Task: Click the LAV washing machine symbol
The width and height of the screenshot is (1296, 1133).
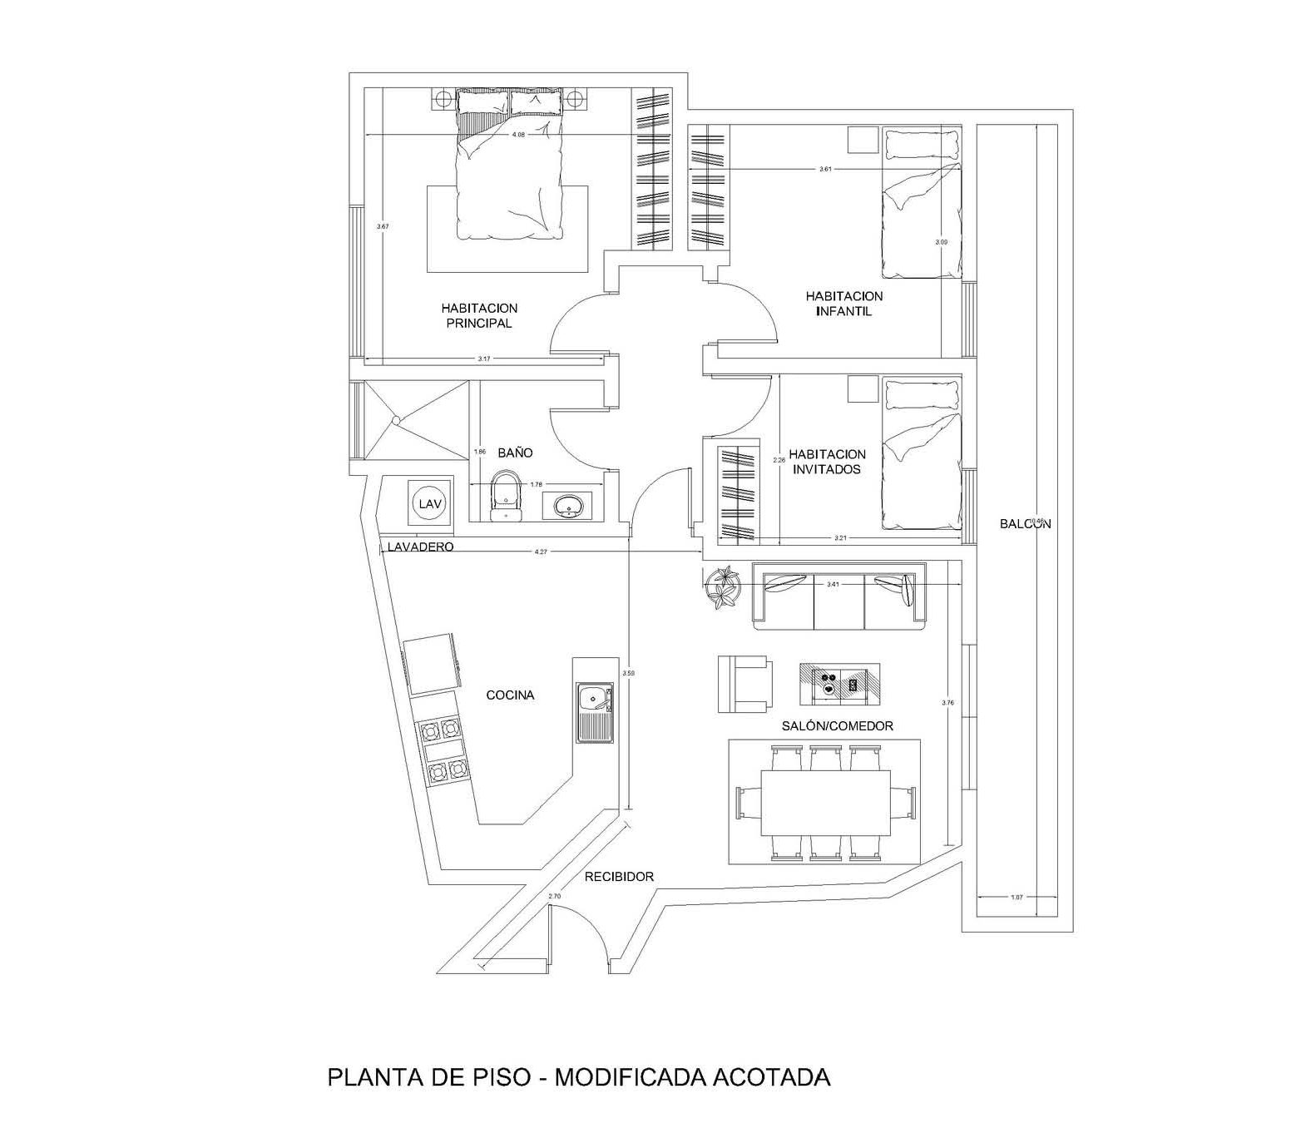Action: pyautogui.click(x=429, y=503)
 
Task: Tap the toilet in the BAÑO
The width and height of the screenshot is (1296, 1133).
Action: pyautogui.click(x=505, y=494)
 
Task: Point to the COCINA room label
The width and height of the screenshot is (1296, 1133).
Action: pyautogui.click(x=510, y=695)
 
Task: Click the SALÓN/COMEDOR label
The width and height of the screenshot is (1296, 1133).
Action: pyautogui.click(x=837, y=726)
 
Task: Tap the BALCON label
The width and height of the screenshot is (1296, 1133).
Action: pyautogui.click(x=1025, y=524)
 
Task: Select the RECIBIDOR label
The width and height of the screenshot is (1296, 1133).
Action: pyautogui.click(x=619, y=876)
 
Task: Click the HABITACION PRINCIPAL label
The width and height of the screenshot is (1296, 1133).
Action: pyautogui.click(x=479, y=315)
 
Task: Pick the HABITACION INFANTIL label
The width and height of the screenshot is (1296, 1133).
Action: pyautogui.click(x=843, y=304)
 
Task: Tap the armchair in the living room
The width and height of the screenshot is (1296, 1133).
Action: pyautogui.click(x=744, y=684)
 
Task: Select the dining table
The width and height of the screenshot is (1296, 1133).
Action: pyautogui.click(x=825, y=802)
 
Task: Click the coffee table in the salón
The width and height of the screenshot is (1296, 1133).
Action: pyautogui.click(x=839, y=683)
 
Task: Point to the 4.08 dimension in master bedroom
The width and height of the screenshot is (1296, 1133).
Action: pyautogui.click(x=517, y=135)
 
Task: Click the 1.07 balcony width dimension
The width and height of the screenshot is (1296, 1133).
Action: pyautogui.click(x=1016, y=897)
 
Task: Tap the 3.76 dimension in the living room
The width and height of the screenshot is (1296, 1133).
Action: pyautogui.click(x=947, y=703)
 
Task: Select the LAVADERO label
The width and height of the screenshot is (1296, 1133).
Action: pyautogui.click(x=420, y=547)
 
